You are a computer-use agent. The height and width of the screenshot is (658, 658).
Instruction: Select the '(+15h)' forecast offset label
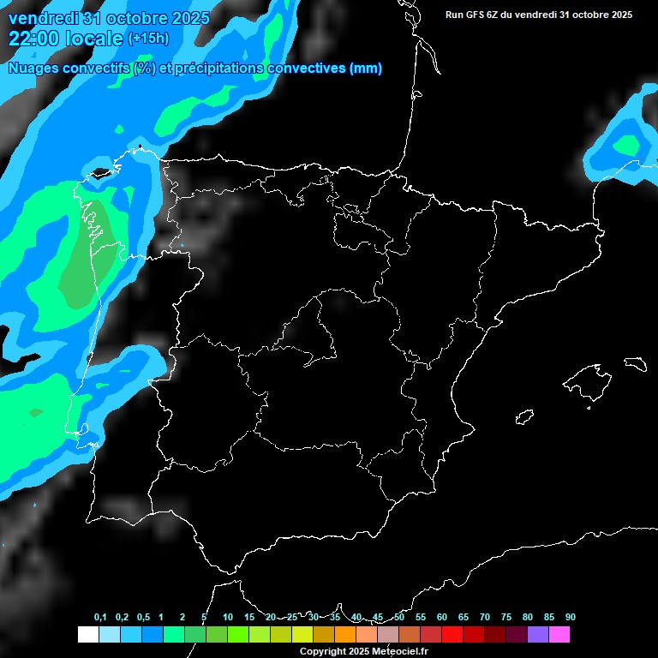coord(147,39)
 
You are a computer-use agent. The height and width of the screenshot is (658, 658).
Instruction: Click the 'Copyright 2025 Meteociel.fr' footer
coord(364,651)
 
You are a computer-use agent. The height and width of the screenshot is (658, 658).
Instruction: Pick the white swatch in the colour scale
coord(87,635)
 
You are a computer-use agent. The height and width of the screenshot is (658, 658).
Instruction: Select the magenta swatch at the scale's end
coord(559,635)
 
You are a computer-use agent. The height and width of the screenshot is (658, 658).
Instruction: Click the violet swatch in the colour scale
coord(538,635)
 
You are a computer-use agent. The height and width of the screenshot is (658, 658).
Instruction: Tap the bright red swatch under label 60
coord(452,635)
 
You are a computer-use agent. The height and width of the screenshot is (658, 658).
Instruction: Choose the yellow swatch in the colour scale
coord(302,635)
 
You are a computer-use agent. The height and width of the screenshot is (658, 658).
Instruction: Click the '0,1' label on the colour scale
coord(100,618)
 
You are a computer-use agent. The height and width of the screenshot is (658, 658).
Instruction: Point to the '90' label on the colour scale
coord(570,618)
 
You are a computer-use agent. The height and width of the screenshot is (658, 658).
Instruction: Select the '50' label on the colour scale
coord(399,618)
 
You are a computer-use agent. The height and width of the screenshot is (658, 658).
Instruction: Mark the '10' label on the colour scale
coord(228,618)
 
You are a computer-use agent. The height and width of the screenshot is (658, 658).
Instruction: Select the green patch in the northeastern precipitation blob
coord(626,146)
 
